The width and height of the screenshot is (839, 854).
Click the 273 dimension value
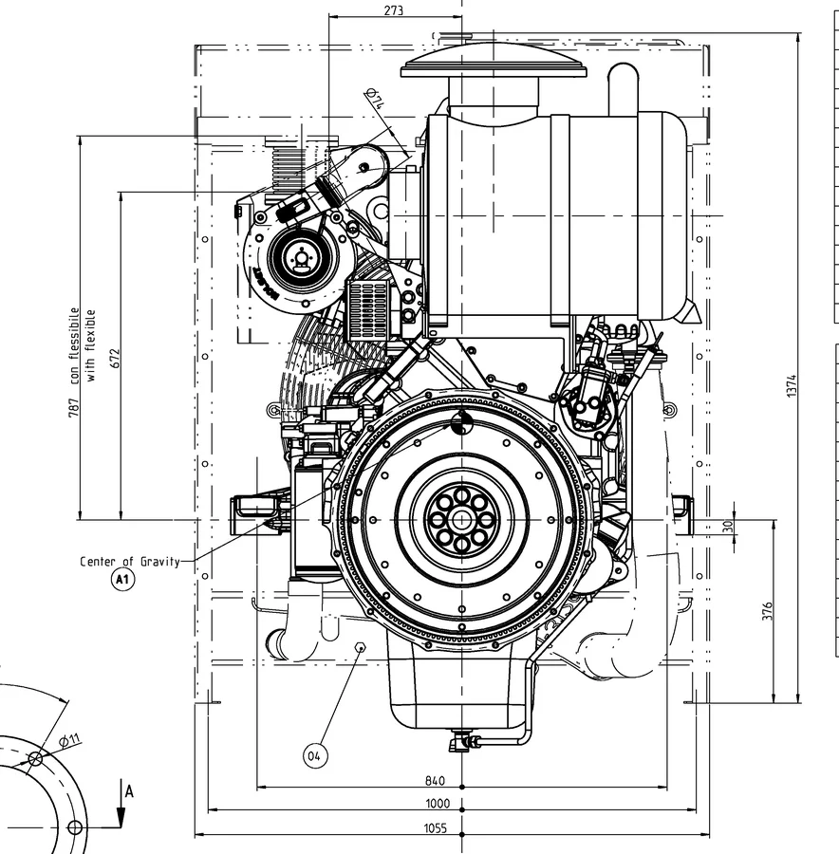[x=393, y=10]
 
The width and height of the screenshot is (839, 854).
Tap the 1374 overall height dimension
[x=792, y=385]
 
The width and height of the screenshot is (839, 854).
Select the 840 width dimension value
[x=435, y=781]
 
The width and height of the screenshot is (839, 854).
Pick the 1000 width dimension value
[x=438, y=804]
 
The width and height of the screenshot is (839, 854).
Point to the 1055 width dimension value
[x=436, y=828]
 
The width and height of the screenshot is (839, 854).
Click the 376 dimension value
[x=767, y=611]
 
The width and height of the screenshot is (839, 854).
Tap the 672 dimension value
[x=115, y=358]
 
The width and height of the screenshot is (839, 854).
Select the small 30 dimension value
[x=728, y=526]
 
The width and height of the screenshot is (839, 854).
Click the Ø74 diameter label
[x=376, y=99]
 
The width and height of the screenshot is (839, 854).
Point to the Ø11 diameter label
[x=69, y=739]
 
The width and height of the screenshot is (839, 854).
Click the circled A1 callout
[x=122, y=579]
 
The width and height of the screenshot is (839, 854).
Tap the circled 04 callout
[x=315, y=756]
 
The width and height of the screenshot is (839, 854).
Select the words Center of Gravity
[x=130, y=562]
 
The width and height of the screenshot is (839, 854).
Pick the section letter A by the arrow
[x=129, y=791]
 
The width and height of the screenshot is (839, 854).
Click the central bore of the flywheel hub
[x=462, y=520]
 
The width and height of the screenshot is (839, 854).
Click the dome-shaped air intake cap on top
[x=494, y=61]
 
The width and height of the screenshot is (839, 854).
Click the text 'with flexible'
[x=90, y=345]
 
